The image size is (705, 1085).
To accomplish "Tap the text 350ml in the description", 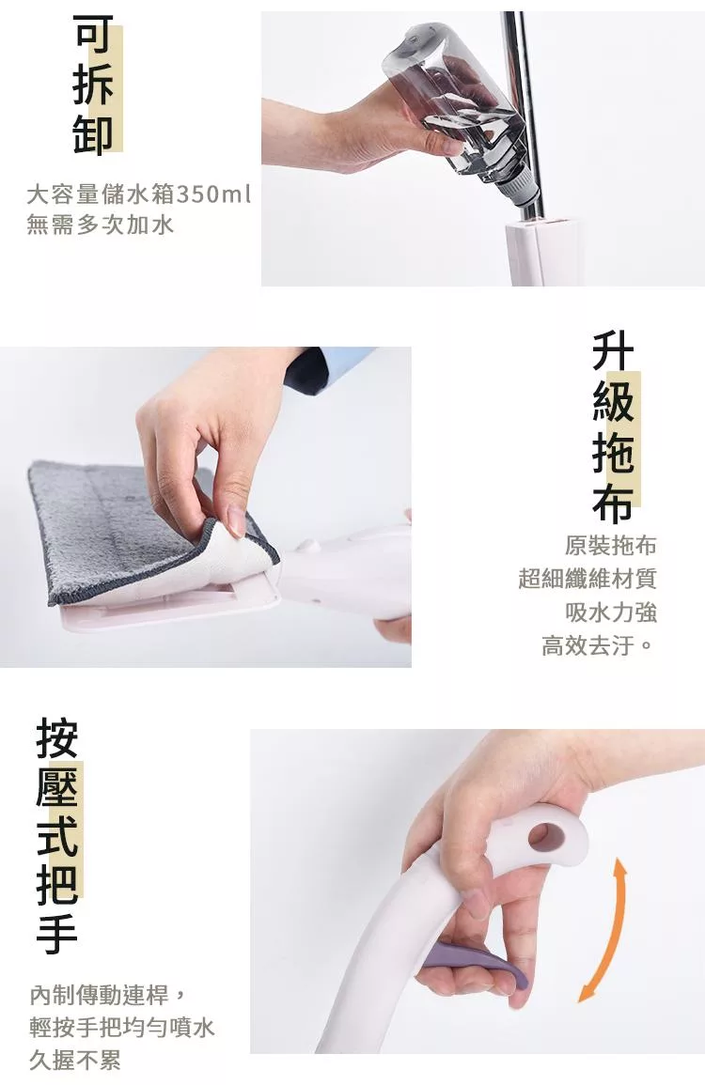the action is point(213,194).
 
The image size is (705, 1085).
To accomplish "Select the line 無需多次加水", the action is point(100,225).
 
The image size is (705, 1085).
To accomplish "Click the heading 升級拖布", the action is point(613,426).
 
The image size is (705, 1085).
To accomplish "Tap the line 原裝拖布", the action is point(610,545).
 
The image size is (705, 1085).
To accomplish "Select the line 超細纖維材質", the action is point(587,579).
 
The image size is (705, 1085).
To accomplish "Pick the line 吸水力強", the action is point(610,612).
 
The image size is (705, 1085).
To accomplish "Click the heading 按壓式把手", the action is point(57,837).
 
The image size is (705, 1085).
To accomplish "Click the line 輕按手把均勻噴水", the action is point(122,1027).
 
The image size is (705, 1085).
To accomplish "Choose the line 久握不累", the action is point(75,1060).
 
